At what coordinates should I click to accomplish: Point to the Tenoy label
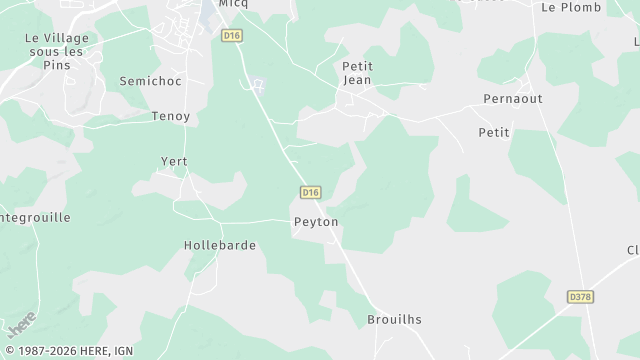click(170, 116)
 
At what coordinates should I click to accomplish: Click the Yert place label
click(174, 161)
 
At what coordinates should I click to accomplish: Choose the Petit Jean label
click(357, 73)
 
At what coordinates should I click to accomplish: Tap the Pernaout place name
click(513, 99)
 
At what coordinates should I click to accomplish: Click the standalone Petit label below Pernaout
click(494, 132)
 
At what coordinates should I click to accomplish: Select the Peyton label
click(316, 221)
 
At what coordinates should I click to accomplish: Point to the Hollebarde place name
click(220, 245)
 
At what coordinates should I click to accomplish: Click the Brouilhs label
click(394, 320)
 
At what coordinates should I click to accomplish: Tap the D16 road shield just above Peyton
click(310, 192)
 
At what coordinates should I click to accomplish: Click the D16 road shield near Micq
click(232, 35)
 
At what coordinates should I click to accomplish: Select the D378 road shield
click(579, 297)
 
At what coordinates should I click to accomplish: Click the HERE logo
click(21, 325)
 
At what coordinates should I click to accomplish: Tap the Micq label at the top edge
click(233, 4)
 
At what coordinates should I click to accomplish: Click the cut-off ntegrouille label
click(35, 216)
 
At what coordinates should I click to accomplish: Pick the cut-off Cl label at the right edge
click(633, 250)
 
